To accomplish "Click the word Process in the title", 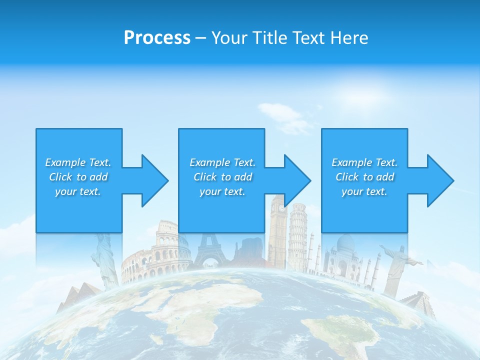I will [157, 38].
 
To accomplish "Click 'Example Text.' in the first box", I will [78, 162].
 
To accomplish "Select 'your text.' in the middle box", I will [222, 191].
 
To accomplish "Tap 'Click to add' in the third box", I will [364, 177].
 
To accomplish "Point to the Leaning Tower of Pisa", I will [298, 235].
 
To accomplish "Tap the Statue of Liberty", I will [105, 260].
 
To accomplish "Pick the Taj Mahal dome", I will [345, 245].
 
